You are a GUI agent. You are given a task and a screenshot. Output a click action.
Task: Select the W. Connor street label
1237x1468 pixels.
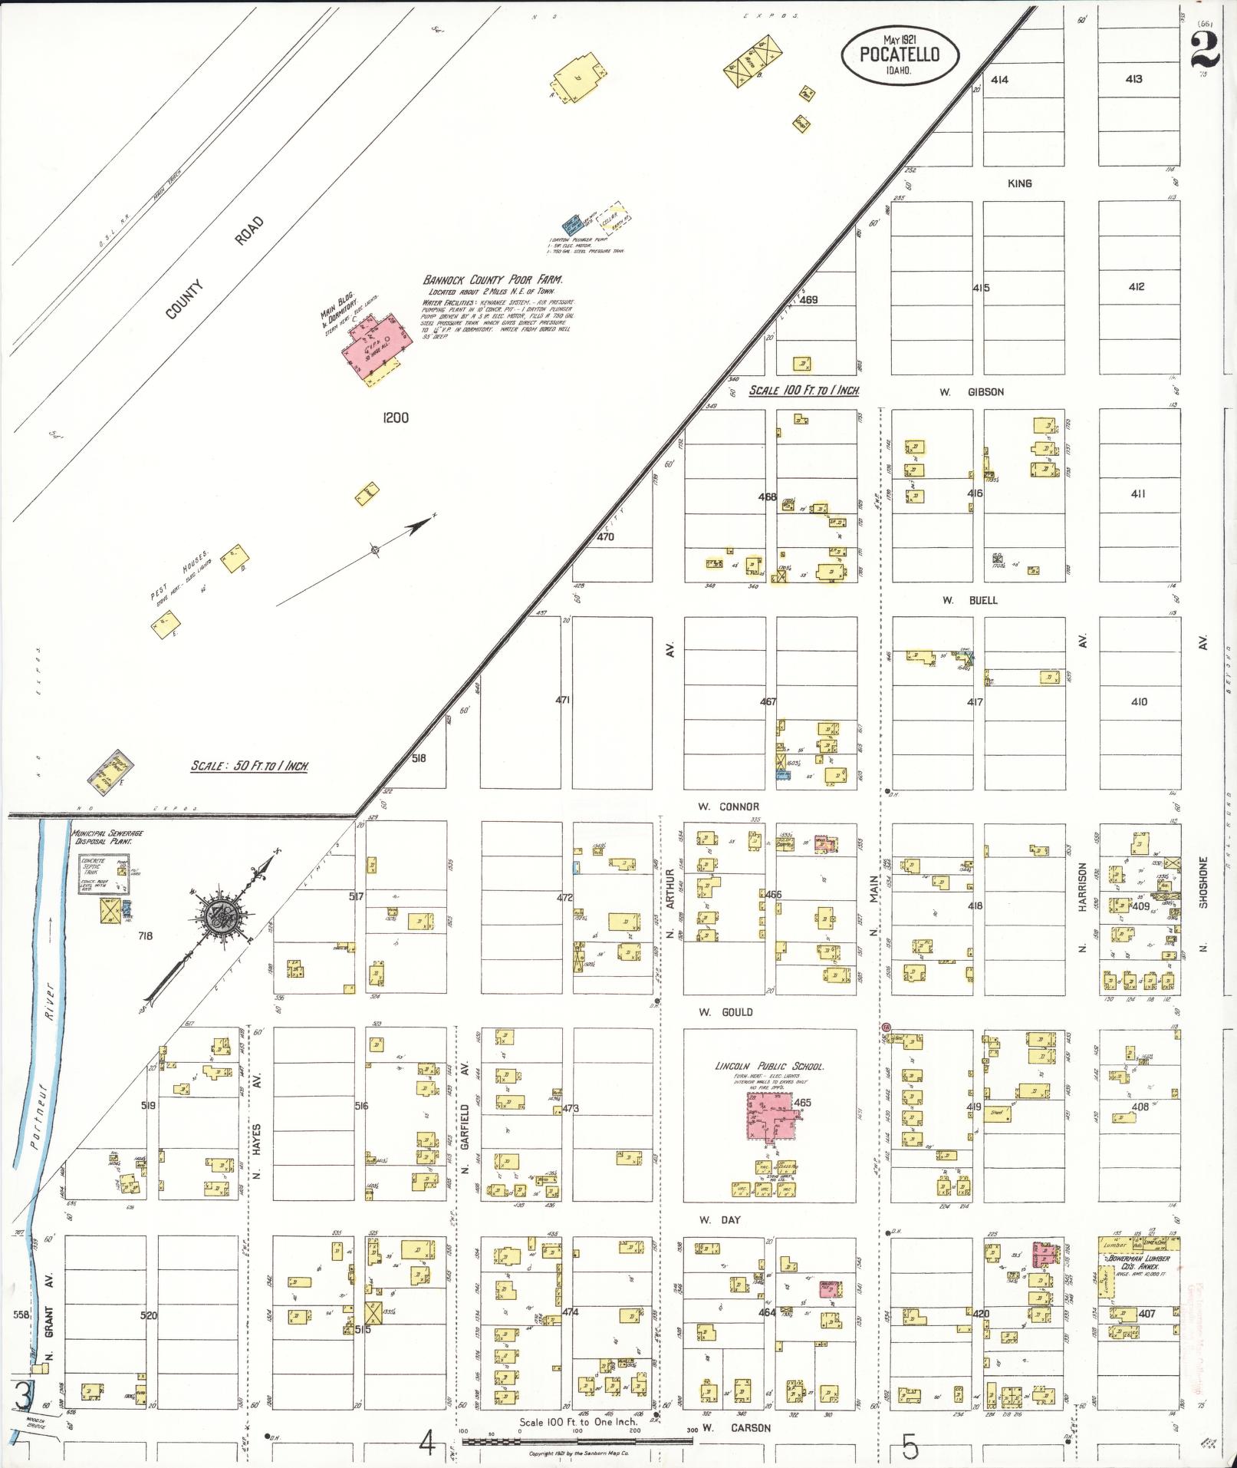tap(728, 807)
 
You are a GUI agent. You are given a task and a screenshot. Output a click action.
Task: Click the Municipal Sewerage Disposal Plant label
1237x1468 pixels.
tap(107, 836)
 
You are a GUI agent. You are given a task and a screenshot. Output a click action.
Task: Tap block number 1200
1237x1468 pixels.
tap(396, 418)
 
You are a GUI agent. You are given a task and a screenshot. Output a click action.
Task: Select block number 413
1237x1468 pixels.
tap(1133, 79)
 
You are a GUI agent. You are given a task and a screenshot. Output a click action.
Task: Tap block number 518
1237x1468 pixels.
tap(418, 758)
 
